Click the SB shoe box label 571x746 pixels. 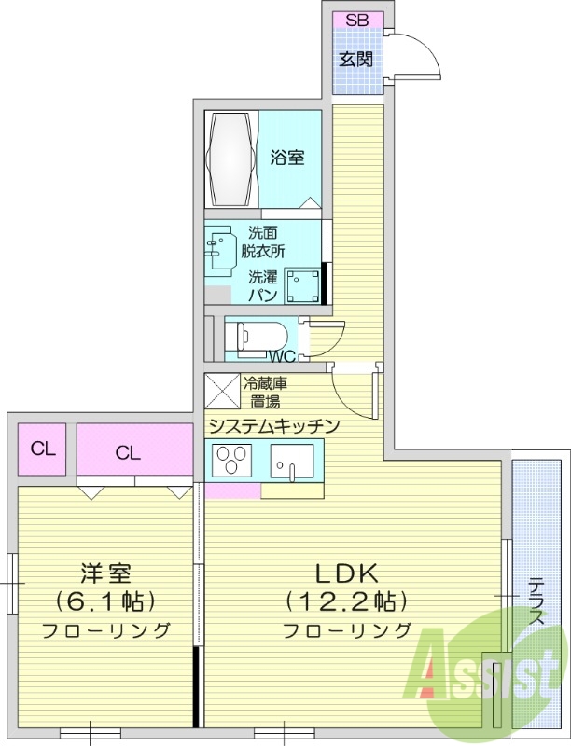pyautogui.click(x=356, y=21)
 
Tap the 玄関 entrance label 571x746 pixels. pyautogui.click(x=356, y=60)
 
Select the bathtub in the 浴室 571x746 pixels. pyautogui.click(x=231, y=159)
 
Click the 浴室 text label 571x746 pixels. pyautogui.click(x=287, y=158)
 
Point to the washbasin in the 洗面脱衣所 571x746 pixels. pyautogui.click(x=221, y=247)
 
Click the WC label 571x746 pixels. pyautogui.click(x=282, y=356)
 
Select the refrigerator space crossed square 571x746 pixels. pyautogui.click(x=222, y=391)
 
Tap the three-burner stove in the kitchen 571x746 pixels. pyautogui.click(x=230, y=460)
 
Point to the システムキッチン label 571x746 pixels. pyautogui.click(x=272, y=425)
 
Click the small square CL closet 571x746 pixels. pyautogui.click(x=43, y=449)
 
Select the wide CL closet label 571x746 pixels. pyautogui.click(x=130, y=453)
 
